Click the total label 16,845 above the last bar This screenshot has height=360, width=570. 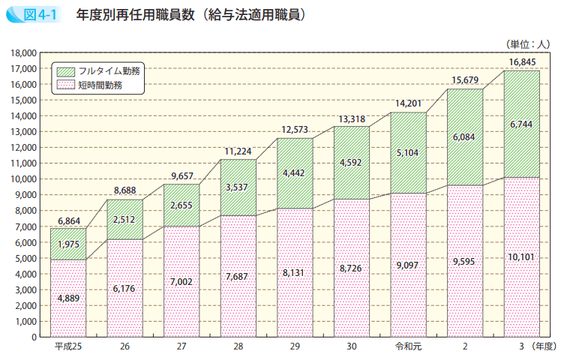pos(522,61)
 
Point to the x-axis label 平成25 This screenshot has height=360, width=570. pos(68,347)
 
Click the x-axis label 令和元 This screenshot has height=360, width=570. pos(408,347)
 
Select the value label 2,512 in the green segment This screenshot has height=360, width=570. pos(124,220)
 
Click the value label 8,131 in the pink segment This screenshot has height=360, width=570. pos(295,273)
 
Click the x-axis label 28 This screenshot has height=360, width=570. pos(238,347)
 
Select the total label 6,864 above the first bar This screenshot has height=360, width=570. pos(68,221)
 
